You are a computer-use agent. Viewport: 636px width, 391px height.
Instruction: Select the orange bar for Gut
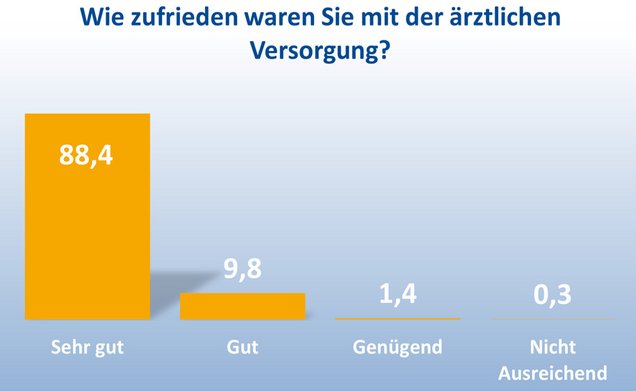242,306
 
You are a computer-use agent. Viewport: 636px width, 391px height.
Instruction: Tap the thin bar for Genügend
397,318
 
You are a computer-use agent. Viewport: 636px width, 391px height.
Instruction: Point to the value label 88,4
87,158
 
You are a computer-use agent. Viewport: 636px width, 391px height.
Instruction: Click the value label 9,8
242,269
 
